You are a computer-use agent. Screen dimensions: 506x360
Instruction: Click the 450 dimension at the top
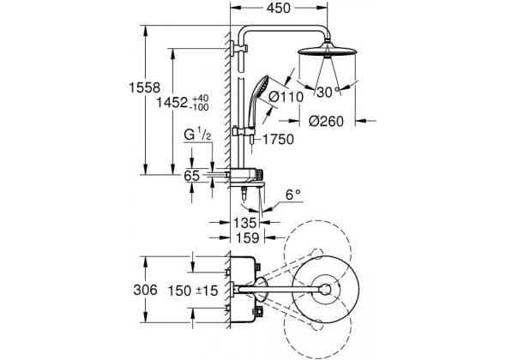[279, 8]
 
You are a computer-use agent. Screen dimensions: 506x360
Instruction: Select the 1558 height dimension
[145, 87]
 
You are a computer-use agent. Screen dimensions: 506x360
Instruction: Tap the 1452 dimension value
[172, 103]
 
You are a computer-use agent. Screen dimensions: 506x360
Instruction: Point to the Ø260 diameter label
[326, 122]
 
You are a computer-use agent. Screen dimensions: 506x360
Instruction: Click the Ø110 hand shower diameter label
[286, 97]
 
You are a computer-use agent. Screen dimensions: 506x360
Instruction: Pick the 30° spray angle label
[328, 93]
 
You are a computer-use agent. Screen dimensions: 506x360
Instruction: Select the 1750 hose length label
[278, 140]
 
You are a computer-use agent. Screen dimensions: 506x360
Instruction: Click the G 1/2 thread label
[197, 135]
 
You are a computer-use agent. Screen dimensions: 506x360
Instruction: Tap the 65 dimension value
[192, 176]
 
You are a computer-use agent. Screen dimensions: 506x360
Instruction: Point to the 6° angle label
[293, 195]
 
